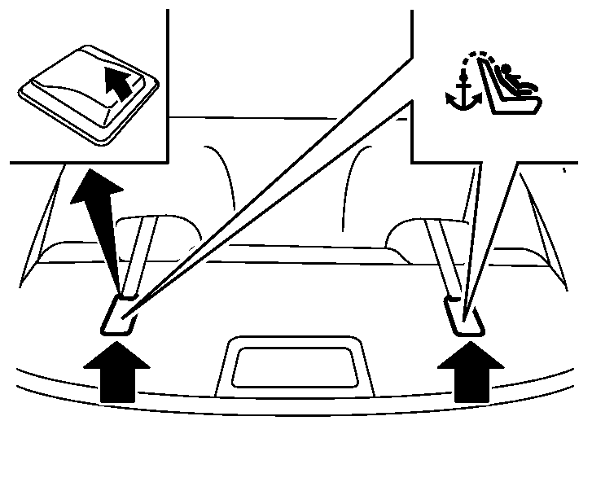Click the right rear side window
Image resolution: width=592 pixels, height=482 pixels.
546,224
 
